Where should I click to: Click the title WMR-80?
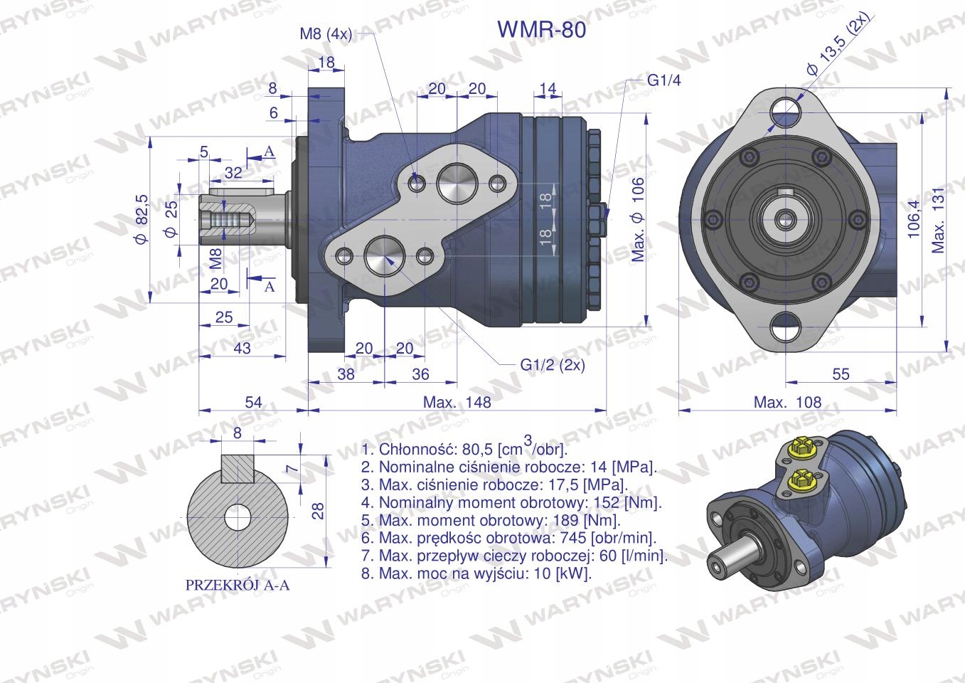pyautogui.click(x=542, y=29)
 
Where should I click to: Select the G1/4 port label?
pyautogui.click(x=663, y=80)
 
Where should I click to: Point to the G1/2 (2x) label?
pyautogui.click(x=553, y=364)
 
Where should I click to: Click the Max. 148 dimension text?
pyautogui.click(x=457, y=402)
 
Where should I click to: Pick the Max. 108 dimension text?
pyautogui.click(x=787, y=402)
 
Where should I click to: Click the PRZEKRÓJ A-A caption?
pyautogui.click(x=238, y=586)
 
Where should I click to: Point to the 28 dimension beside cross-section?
pyautogui.click(x=318, y=509)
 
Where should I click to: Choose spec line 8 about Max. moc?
pyautogui.click(x=476, y=573)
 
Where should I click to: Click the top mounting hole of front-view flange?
pyautogui.click(x=786, y=109)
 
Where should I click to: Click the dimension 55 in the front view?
pyautogui.click(x=841, y=374)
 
